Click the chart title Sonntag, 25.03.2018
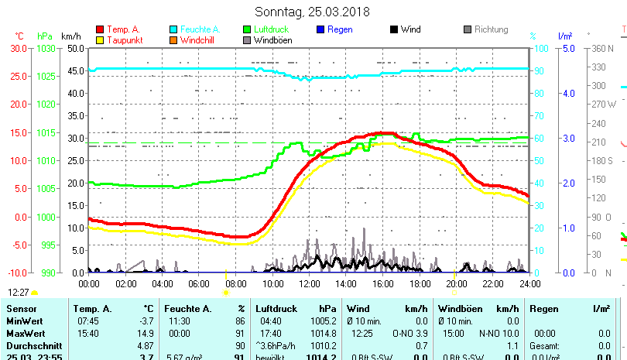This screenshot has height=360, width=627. (313, 12)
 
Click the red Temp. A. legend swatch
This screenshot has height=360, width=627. (99, 29)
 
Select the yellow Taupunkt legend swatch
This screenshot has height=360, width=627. (99, 39)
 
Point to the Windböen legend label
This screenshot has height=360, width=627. (272, 39)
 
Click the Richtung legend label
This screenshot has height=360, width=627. (491, 29)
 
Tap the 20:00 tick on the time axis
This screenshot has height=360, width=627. (456, 283)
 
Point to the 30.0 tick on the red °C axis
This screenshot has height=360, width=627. (19, 48)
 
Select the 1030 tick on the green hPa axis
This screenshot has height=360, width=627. (46, 48)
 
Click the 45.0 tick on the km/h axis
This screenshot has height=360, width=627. (74, 71)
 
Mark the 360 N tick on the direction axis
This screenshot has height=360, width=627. (604, 48)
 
